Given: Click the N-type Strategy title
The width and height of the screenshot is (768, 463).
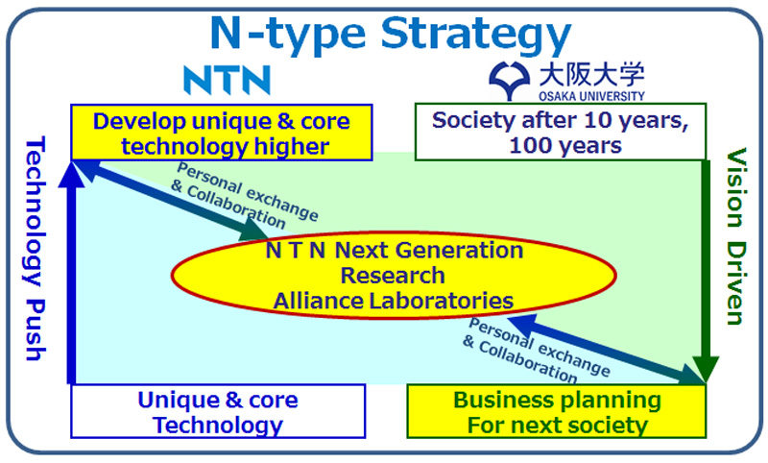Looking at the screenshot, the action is pyautogui.click(x=391, y=35).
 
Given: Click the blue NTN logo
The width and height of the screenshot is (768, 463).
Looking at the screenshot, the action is pyautogui.click(x=227, y=79).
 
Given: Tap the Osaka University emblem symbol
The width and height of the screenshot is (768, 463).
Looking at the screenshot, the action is pyautogui.click(x=510, y=81).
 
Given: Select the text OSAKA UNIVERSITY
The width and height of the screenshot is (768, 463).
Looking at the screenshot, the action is pyautogui.click(x=591, y=95).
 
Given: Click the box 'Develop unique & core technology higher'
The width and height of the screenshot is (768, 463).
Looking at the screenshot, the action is pyautogui.click(x=222, y=133).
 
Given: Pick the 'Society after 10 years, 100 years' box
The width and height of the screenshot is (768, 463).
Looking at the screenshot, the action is pyautogui.click(x=561, y=132).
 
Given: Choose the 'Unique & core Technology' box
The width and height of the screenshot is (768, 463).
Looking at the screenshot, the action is pyautogui.click(x=218, y=411).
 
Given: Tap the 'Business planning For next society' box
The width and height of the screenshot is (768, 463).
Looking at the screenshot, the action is pyautogui.click(x=557, y=411).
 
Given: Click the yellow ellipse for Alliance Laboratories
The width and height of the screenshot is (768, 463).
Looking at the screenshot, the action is pyautogui.click(x=394, y=275).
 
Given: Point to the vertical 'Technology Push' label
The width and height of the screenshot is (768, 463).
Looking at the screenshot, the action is pyautogui.click(x=36, y=249).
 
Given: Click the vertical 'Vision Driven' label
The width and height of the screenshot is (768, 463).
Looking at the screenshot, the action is pyautogui.click(x=736, y=236).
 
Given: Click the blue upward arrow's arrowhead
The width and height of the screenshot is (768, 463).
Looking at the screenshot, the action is pyautogui.click(x=71, y=175).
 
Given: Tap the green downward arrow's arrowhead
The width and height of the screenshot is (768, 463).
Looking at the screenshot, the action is pyautogui.click(x=706, y=370).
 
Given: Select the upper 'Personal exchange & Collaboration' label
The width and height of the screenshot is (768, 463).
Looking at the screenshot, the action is pyautogui.click(x=245, y=196).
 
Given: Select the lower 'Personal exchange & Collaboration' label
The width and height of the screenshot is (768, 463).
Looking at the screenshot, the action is pyautogui.click(x=537, y=351).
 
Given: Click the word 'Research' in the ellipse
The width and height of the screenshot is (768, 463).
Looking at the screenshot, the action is pyautogui.click(x=393, y=276).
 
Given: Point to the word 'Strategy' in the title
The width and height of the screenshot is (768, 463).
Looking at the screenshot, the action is pyautogui.click(x=476, y=36).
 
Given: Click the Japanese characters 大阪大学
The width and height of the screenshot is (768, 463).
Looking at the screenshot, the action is pyautogui.click(x=591, y=76).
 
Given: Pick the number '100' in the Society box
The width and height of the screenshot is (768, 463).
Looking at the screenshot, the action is pyautogui.click(x=528, y=145).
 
